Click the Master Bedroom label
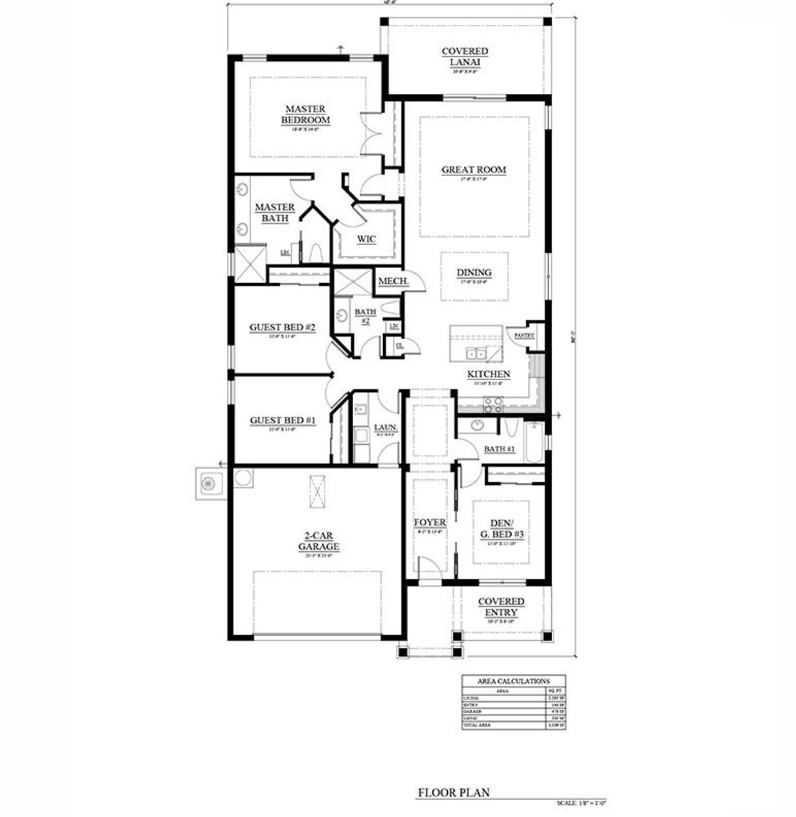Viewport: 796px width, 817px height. (x=305, y=115)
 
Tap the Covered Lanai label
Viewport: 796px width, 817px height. (x=465, y=57)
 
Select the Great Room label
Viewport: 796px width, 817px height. (x=474, y=170)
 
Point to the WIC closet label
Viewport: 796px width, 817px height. (x=366, y=240)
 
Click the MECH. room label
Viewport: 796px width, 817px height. (x=393, y=282)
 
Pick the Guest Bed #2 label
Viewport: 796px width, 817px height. (x=283, y=328)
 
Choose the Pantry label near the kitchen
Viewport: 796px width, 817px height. (x=524, y=336)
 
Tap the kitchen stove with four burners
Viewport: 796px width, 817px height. (x=493, y=404)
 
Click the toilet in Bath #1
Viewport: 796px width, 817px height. (x=509, y=429)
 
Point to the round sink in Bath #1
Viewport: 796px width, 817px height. (x=477, y=426)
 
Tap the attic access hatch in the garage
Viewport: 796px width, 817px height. (x=317, y=492)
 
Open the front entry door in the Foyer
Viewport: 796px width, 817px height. (x=429, y=567)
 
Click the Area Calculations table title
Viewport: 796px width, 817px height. (x=513, y=681)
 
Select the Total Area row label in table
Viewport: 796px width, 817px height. (x=477, y=726)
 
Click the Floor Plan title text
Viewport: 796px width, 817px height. (x=453, y=793)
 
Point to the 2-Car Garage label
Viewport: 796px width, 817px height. (x=322, y=541)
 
